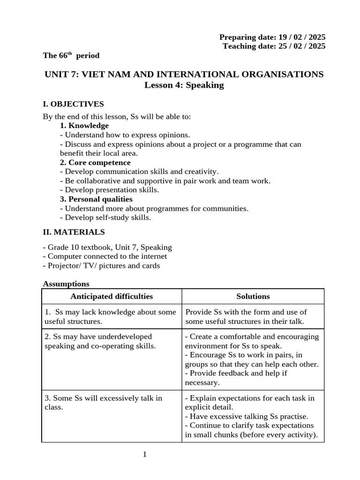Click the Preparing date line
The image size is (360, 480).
(x=272, y=37)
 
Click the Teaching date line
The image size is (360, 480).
(x=274, y=46)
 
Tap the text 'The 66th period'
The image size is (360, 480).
(x=71, y=56)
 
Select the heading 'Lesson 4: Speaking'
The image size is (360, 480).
(x=184, y=85)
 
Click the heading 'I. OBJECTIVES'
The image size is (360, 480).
(x=73, y=104)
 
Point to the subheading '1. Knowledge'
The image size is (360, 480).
(x=84, y=126)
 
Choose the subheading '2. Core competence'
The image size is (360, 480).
(x=95, y=163)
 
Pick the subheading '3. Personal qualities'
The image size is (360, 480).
(x=96, y=199)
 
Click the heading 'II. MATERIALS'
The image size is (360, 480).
(x=74, y=232)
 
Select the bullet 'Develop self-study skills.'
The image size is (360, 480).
(x=105, y=217)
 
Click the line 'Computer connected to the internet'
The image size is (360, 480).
(x=105, y=256)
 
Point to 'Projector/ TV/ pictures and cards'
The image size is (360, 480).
(x=101, y=266)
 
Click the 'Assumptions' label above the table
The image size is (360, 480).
(x=66, y=284)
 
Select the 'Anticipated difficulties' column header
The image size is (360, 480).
(x=112, y=296)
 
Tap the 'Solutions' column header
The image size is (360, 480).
(x=253, y=296)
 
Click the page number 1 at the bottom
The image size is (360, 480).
(x=145, y=454)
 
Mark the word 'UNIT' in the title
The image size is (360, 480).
(x=56, y=75)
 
